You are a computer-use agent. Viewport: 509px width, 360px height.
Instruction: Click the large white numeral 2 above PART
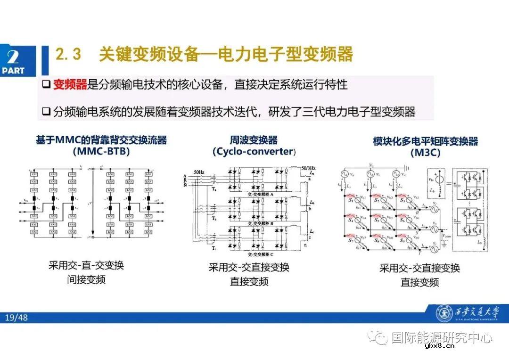click(13, 57)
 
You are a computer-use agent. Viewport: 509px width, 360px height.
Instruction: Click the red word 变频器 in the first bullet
click(70, 85)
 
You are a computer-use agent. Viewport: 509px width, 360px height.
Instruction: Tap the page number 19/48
click(16, 318)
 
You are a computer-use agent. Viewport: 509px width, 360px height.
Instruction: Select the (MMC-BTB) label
click(101, 152)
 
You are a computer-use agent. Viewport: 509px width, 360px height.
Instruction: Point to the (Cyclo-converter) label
click(254, 152)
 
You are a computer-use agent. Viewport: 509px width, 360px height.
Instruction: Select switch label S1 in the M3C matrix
click(351, 201)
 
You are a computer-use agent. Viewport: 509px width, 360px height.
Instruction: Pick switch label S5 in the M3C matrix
click(376, 220)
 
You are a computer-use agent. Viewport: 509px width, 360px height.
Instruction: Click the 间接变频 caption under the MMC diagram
click(86, 280)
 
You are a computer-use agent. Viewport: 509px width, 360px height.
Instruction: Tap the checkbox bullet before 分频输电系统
click(46, 112)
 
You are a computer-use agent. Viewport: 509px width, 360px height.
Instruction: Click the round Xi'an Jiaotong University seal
click(443, 313)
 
